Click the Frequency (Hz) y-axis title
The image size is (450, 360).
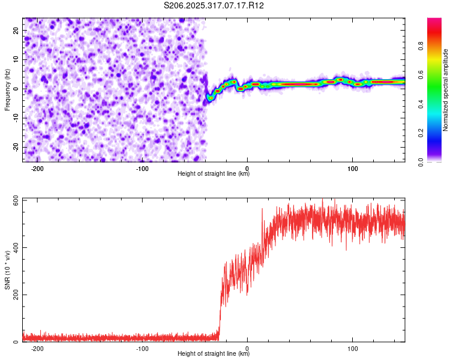tap(7, 90)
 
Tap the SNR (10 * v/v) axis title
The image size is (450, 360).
tap(7, 270)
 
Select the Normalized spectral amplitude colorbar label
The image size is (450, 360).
tap(446, 90)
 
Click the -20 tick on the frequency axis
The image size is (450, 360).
tap(15, 147)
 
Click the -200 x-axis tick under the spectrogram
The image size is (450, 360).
tap(37, 168)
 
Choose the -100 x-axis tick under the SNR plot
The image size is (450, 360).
tap(142, 348)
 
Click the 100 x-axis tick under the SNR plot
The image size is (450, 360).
tap(353, 348)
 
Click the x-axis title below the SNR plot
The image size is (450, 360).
tap(214, 354)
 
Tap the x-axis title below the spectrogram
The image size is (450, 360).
tap(214, 174)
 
